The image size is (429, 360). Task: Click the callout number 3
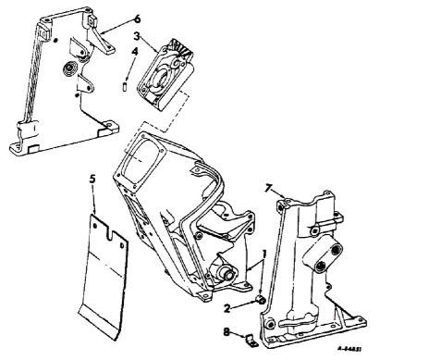click(x=136, y=36)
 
